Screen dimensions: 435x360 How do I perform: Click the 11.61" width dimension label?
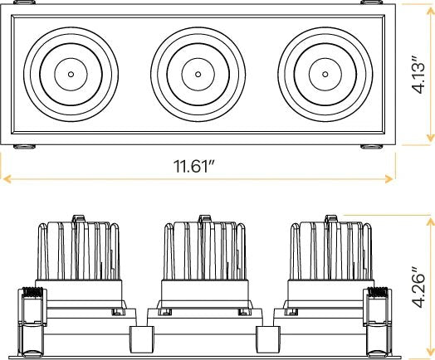[194, 166]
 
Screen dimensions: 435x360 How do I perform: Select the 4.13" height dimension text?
[418, 75]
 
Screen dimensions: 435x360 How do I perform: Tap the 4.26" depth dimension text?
[418, 287]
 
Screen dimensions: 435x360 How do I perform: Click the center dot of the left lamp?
[71, 75]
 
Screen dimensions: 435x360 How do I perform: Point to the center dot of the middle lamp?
[198, 75]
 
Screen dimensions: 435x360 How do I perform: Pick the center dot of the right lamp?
[325, 75]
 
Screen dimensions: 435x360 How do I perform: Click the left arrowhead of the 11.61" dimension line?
[6, 179]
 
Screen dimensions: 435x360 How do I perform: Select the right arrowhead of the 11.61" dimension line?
[389, 179]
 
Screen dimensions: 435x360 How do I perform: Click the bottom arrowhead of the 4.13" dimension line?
[430, 139]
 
